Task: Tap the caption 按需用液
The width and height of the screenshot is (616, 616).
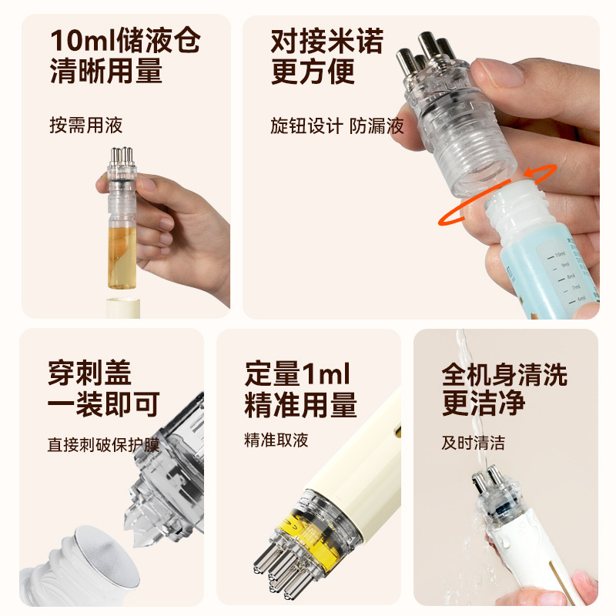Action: [85, 125]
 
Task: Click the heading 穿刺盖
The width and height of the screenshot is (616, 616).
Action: [89, 373]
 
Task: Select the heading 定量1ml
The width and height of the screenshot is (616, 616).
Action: [297, 374]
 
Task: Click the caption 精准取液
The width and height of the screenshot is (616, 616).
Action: [276, 440]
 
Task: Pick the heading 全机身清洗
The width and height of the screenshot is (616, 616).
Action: [504, 374]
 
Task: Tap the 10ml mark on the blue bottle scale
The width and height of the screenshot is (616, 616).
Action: [559, 253]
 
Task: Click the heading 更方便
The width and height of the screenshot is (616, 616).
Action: [313, 72]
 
